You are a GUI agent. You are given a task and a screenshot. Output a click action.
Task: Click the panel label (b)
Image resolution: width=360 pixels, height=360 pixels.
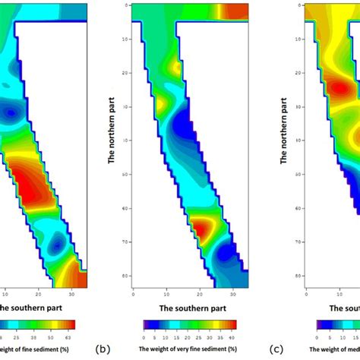pos(103,349)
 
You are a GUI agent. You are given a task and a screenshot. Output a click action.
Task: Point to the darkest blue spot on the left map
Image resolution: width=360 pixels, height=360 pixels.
pos(11,114)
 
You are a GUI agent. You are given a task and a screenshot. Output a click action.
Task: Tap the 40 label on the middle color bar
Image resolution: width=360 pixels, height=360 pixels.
pos(232,334)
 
